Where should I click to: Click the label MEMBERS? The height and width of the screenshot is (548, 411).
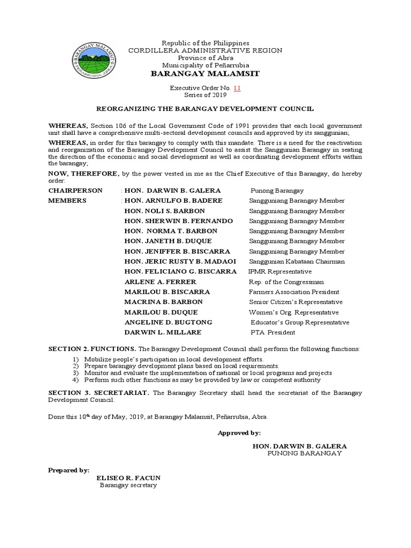[x=67, y=201]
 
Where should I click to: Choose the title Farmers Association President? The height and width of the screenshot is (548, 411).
[x=294, y=292]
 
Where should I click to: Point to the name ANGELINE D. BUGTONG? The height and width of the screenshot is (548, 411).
[x=169, y=323]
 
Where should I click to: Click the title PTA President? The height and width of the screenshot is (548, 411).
[x=272, y=333]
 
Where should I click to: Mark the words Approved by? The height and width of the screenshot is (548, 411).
[x=239, y=433]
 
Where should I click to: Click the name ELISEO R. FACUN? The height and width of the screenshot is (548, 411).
[x=128, y=477]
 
